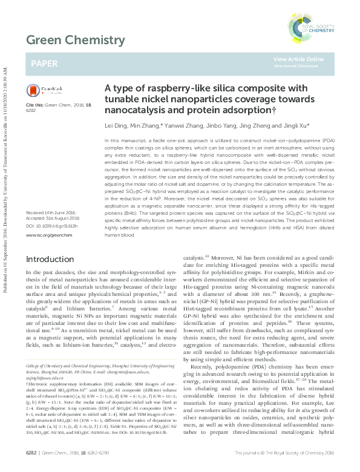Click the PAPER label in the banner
(x=44, y=62)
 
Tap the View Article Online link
(x=298, y=59)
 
